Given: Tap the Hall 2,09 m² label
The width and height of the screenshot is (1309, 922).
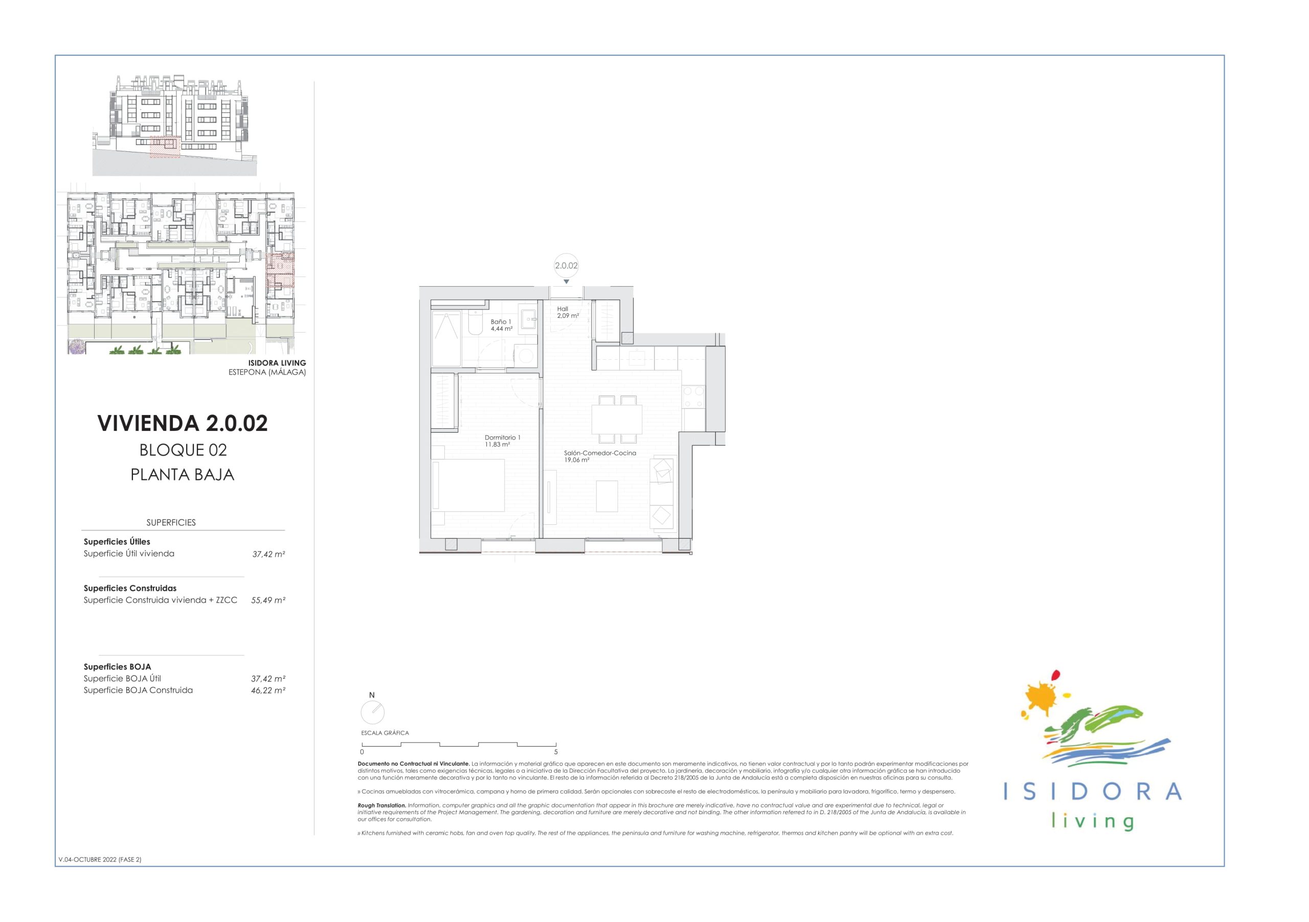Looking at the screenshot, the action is click(x=568, y=312).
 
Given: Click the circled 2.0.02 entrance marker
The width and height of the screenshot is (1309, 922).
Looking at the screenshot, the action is click(x=566, y=266).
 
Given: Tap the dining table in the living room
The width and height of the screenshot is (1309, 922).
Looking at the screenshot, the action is click(x=617, y=420).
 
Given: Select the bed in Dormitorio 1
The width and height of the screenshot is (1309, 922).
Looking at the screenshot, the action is click(x=468, y=485).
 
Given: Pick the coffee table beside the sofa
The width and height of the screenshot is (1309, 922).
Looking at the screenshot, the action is click(x=607, y=496).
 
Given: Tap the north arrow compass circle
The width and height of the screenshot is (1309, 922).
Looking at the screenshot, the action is click(x=373, y=712).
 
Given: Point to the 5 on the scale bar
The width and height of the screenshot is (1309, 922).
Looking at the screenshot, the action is click(x=556, y=752).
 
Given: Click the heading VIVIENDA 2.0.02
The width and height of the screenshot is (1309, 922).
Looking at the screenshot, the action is click(x=183, y=423).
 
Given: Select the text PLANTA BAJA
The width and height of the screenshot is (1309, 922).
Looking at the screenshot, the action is click(x=183, y=475).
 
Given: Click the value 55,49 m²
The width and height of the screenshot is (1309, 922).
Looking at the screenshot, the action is click(x=268, y=600).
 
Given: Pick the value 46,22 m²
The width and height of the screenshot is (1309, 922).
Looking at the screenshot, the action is click(x=268, y=690).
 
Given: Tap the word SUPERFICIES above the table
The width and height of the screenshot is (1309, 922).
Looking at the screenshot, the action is click(x=171, y=522).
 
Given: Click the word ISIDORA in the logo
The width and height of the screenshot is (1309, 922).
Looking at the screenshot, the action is click(x=1092, y=792).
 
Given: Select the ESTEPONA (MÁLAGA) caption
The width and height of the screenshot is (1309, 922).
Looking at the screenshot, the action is click(x=267, y=372).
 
